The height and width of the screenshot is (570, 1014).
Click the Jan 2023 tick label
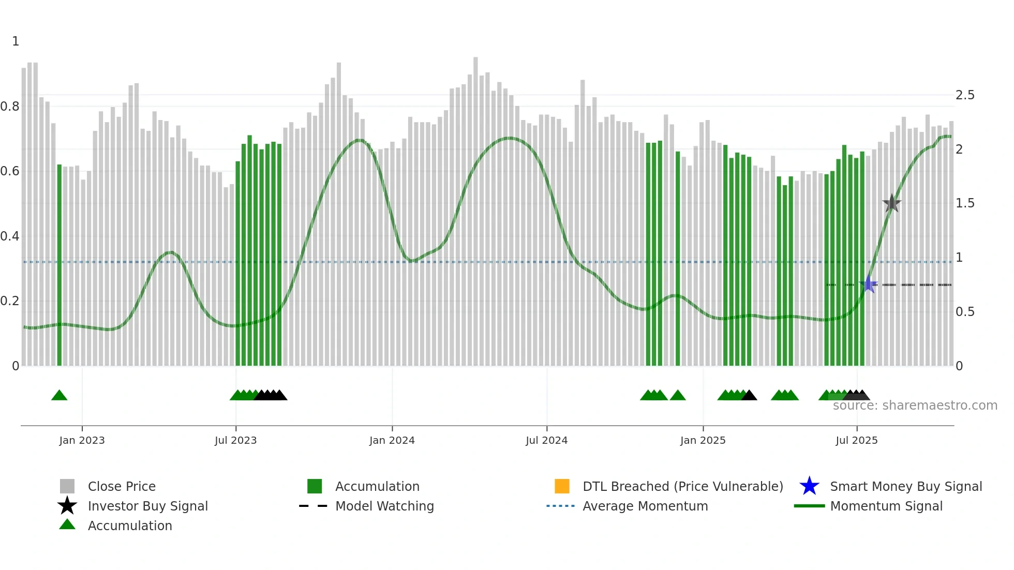(82, 440)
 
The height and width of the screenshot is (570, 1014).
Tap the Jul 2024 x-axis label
(546, 440)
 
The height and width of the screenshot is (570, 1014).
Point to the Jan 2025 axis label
(703, 440)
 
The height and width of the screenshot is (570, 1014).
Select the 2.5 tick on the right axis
(965, 95)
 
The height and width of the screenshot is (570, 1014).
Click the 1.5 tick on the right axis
(965, 203)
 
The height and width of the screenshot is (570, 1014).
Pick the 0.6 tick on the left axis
(10, 171)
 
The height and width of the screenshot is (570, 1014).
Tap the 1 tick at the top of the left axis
(16, 41)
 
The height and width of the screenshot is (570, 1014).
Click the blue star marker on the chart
(869, 284)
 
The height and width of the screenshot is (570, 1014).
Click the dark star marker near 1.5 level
(891, 203)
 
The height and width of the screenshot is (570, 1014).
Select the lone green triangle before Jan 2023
(59, 396)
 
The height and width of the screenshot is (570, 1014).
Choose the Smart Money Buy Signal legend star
(809, 486)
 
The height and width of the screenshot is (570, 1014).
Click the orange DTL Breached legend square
(562, 486)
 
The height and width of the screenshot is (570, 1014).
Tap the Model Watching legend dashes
(313, 506)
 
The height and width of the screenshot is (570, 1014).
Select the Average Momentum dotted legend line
(560, 506)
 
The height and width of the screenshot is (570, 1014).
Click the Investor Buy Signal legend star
(67, 506)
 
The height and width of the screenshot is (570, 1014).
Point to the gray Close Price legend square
(67, 486)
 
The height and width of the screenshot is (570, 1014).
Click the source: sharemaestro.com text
(915, 406)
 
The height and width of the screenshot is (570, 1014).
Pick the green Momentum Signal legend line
(809, 506)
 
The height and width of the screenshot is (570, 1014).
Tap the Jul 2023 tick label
(235, 440)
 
